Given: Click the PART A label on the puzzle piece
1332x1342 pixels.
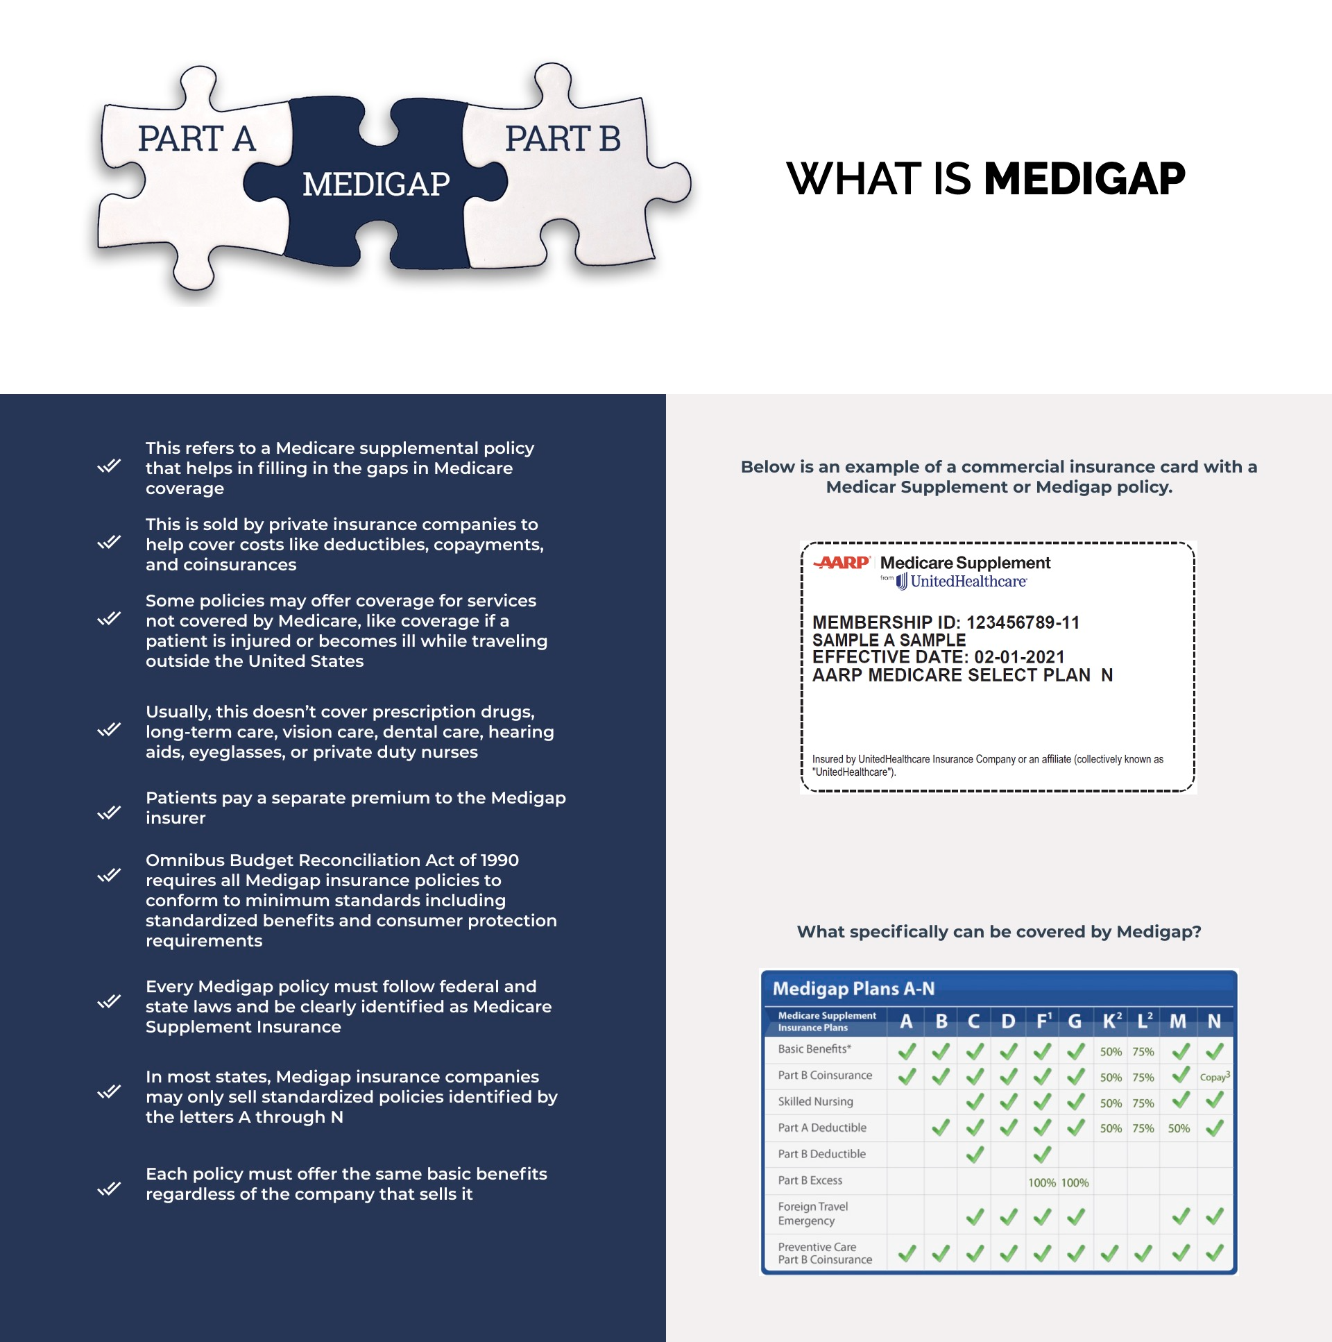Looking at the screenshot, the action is pos(196,138).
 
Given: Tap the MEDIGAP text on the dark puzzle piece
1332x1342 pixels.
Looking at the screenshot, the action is pos(376,184).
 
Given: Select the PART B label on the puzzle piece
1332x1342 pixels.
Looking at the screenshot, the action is pos(563,138).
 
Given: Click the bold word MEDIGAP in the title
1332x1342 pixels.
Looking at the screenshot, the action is pos(1084,178).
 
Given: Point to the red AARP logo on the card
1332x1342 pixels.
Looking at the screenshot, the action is pos(841,562).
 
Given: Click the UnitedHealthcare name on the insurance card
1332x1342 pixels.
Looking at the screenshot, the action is pos(967,581).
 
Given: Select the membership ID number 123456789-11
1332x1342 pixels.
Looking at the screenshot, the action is pos(1023,622).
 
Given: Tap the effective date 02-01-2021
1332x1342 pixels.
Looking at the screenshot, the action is pos(1019,657).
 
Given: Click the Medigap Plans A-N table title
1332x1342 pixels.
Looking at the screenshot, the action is pos(853,988).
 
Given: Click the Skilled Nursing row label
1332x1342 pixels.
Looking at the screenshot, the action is pos(815,1102).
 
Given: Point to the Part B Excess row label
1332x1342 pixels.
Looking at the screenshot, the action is pos(810,1180).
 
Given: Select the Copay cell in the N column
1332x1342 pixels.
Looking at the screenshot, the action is pos(1215,1077).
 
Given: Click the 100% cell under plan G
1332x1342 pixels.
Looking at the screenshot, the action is pos(1075,1182).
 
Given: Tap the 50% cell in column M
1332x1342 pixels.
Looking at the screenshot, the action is pos(1179,1129).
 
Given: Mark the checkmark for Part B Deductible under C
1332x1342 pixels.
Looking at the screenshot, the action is pos(975,1155).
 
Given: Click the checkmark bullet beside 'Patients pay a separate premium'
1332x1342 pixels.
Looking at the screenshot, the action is pos(109,812).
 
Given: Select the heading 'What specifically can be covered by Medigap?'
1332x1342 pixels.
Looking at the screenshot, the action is pos(998,932).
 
